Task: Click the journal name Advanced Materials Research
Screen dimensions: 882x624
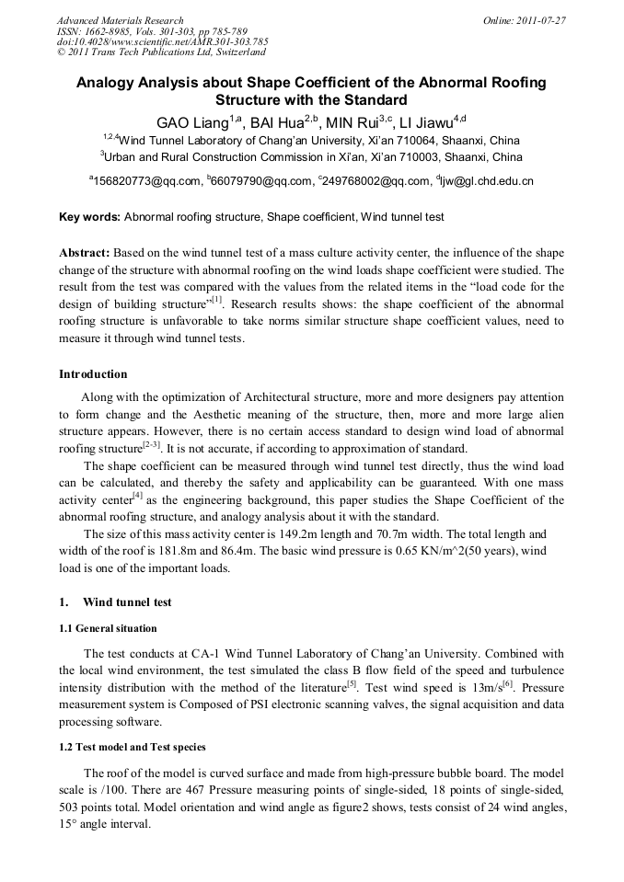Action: pyautogui.click(x=120, y=19)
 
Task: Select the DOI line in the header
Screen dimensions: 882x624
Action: pyautogui.click(x=162, y=41)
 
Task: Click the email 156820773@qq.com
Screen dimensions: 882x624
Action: pyautogui.click(x=146, y=181)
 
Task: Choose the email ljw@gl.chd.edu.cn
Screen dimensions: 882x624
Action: pyautogui.click(x=487, y=181)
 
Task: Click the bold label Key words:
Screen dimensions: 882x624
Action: pyautogui.click(x=89, y=218)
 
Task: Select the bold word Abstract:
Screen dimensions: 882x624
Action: pyautogui.click(x=85, y=253)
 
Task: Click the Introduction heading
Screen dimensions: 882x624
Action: pyautogui.click(x=93, y=374)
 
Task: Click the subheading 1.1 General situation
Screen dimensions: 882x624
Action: pyautogui.click(x=108, y=628)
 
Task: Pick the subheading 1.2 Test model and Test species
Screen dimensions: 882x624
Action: pyautogui.click(x=133, y=747)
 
